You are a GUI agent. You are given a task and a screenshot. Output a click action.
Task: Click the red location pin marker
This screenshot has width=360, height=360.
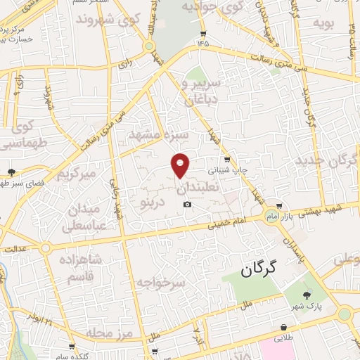[181, 165]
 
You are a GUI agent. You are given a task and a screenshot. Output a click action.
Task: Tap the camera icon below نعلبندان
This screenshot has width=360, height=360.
[187, 205]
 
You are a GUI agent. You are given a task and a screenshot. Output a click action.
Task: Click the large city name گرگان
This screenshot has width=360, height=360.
[259, 267]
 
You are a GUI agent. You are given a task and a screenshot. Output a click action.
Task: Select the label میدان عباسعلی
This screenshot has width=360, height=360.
[86, 217]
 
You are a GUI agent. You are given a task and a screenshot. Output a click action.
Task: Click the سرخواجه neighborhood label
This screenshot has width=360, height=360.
[161, 283]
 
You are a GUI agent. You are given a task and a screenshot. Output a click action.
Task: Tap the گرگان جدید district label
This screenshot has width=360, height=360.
[327, 160]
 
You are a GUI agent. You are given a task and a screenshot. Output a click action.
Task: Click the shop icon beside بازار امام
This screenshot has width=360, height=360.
[280, 206]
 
